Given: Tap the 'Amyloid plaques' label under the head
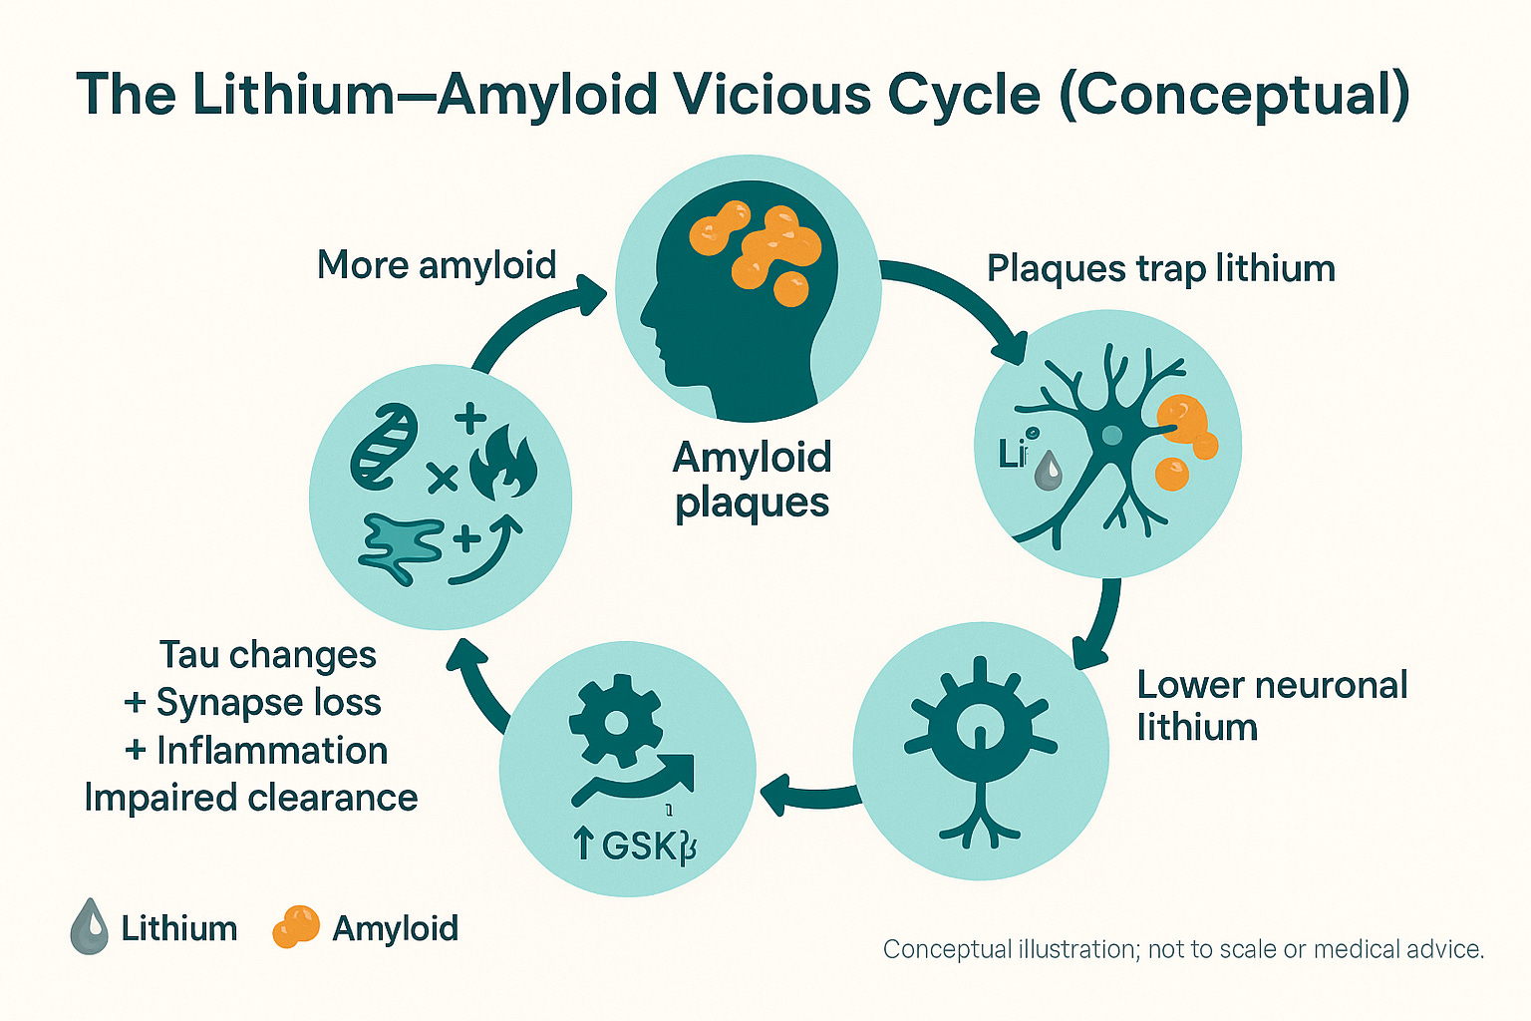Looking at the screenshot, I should tap(752, 480).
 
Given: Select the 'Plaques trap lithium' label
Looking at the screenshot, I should tap(1160, 268).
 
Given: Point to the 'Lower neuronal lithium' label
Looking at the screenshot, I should tap(1271, 706).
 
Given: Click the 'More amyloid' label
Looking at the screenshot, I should tap(436, 265).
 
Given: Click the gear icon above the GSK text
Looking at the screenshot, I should tap(614, 720).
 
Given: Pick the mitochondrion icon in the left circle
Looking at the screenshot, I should tap(384, 446).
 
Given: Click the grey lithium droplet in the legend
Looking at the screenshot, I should tap(90, 926).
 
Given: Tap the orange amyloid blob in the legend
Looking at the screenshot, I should tap(295, 926).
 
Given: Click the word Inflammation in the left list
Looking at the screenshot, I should tap(272, 750).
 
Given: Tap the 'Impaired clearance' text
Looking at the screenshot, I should tap(251, 798).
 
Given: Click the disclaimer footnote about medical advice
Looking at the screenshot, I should tap(1183, 949).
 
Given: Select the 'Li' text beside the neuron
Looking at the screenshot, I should tap(1012, 455).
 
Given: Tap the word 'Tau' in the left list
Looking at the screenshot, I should tap(188, 655).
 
